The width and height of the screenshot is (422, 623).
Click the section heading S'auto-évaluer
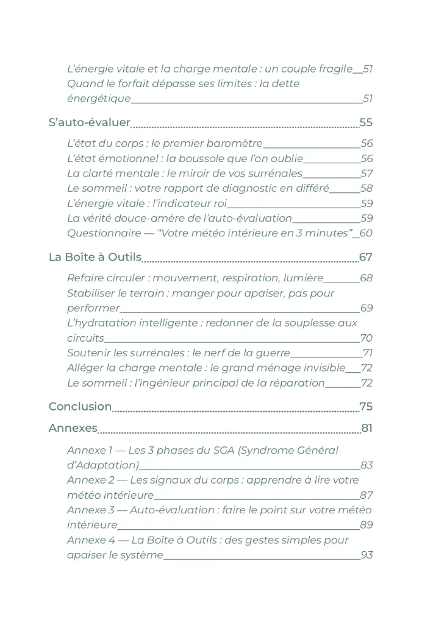coord(89,122)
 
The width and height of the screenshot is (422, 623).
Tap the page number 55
coord(366,122)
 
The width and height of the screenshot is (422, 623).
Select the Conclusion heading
coord(80,406)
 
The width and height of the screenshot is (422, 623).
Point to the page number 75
coord(366,406)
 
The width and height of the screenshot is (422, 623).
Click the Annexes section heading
coord(73,428)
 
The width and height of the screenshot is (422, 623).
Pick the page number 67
coord(366,257)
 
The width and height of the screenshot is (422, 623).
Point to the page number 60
coord(366,233)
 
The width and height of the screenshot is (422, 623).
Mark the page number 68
coord(366,278)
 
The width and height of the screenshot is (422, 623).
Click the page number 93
coord(367,555)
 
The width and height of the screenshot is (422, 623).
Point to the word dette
coord(285,83)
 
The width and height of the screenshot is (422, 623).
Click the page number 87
coord(367,495)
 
